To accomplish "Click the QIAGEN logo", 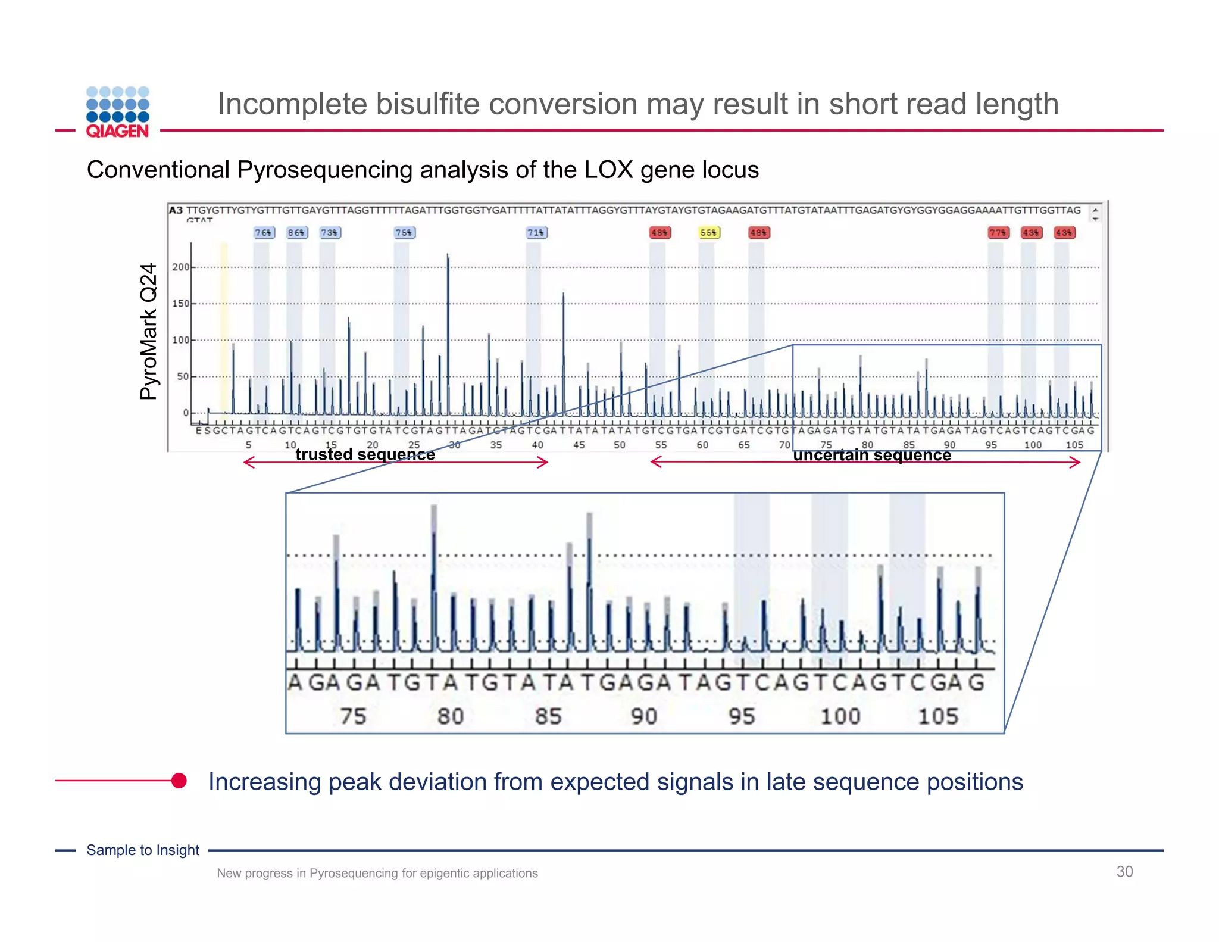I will (x=117, y=112).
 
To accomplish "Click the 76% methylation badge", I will (x=264, y=232).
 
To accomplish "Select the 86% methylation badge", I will (x=296, y=232).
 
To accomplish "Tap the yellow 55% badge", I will (x=708, y=232).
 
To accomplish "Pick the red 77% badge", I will (x=998, y=232).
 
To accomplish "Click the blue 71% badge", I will (x=536, y=232).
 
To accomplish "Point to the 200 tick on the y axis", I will (x=180, y=267).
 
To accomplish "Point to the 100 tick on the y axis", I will (x=180, y=340).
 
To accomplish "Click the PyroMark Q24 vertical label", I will (x=149, y=331).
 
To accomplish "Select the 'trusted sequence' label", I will (x=365, y=454).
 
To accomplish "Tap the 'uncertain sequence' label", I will (x=872, y=455).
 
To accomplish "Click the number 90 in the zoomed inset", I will (x=644, y=716).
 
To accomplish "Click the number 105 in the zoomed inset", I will (x=937, y=716).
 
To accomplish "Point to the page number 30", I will (x=1124, y=871).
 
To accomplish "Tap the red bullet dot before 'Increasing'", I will (x=179, y=780).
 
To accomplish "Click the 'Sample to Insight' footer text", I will (x=143, y=850).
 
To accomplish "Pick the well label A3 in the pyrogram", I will (x=176, y=210).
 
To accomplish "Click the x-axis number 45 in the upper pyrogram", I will (x=579, y=445).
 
